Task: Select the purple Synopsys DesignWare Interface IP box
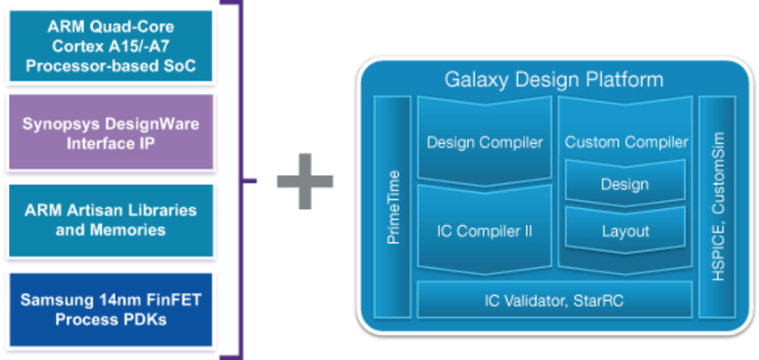[112, 131]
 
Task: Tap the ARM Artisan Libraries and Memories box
[112, 220]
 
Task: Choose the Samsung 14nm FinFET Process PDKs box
[112, 308]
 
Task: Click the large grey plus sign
[304, 181]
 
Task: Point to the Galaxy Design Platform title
[554, 80]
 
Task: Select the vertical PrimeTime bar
[390, 206]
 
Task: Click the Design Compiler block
[485, 142]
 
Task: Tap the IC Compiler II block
[485, 230]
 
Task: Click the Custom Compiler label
[627, 142]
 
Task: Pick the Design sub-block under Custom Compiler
[625, 185]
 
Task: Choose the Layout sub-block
[625, 230]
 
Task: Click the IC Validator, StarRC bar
[554, 300]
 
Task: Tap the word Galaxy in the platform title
[475, 80]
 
